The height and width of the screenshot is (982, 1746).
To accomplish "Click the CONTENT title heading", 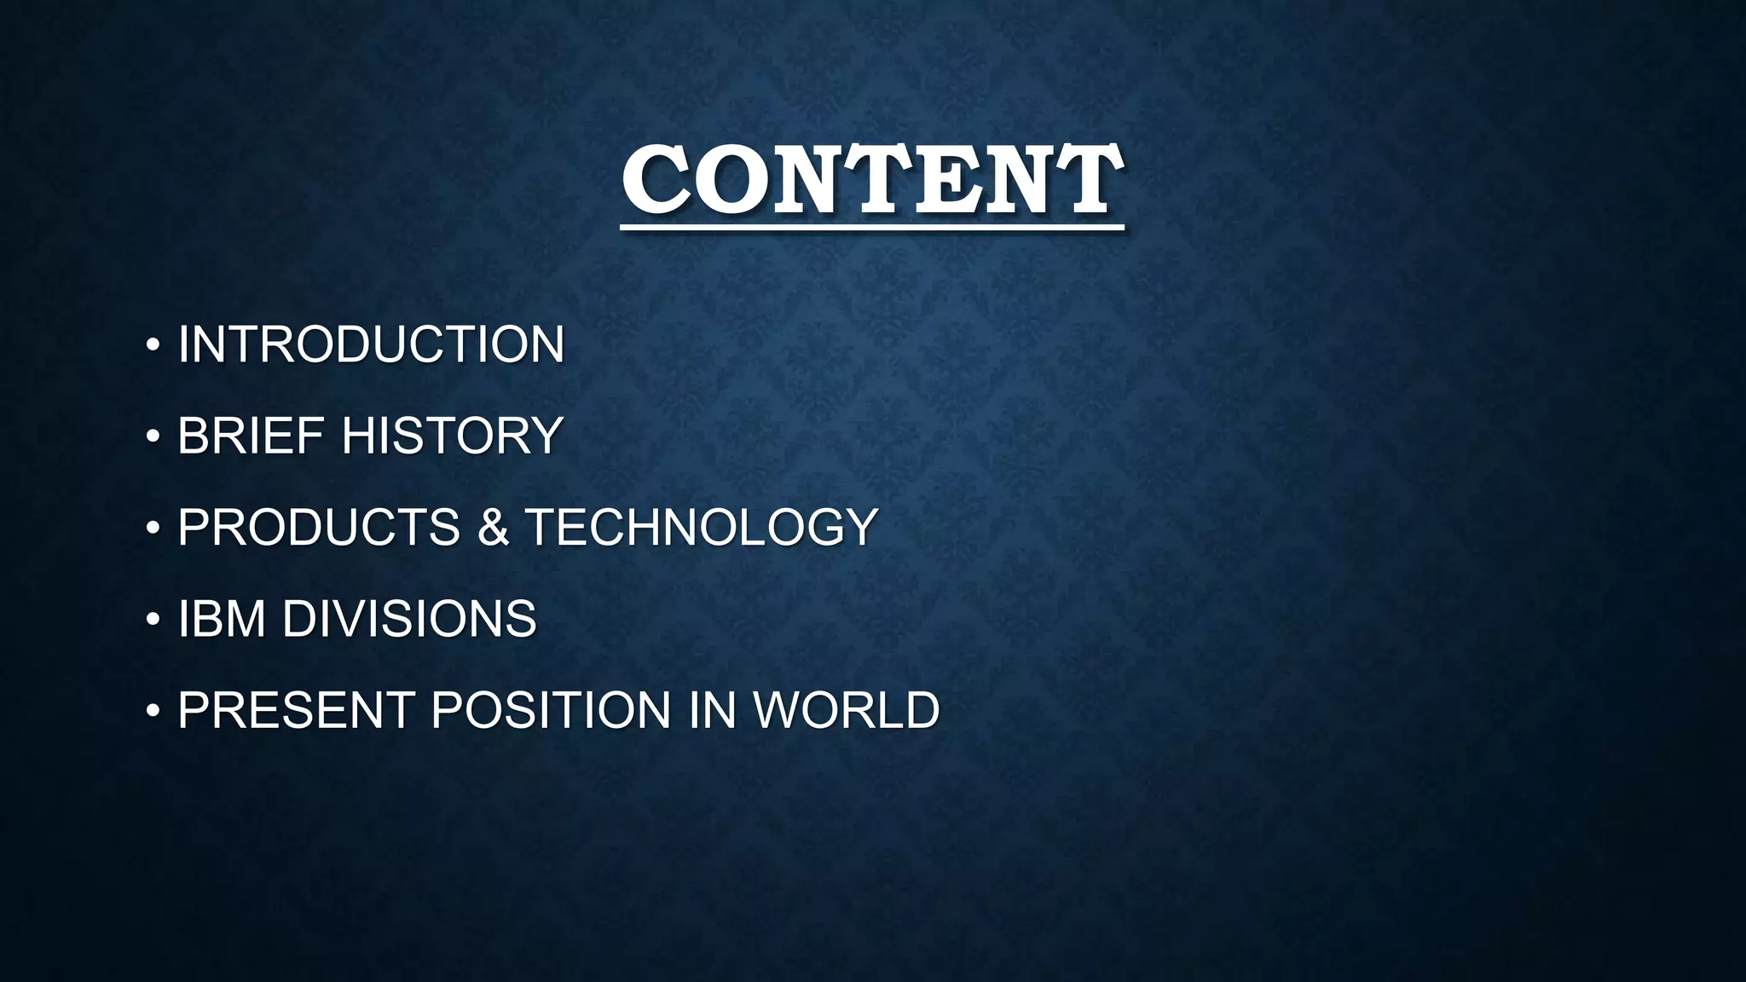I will click(871, 180).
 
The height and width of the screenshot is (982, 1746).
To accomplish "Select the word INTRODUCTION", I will click(371, 344).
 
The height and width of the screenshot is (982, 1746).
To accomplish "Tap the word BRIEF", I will click(251, 436).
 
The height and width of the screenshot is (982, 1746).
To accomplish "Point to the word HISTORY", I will click(452, 436).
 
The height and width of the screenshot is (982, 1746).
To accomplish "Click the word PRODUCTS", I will click(319, 527).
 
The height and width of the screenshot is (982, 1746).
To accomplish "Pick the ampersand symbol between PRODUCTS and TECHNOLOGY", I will click(493, 527).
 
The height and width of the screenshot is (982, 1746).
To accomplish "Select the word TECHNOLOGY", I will click(701, 527).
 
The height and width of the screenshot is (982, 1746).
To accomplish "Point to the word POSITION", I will click(551, 710).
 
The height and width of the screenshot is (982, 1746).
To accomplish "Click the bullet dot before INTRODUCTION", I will click(153, 345).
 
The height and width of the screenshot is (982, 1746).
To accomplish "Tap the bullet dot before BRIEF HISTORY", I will click(153, 436).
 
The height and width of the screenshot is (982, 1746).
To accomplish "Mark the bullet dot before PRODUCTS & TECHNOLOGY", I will click(153, 528).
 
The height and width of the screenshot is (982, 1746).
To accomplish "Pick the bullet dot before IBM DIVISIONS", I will click(153, 619).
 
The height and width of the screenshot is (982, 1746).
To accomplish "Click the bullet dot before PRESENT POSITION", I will click(153, 711).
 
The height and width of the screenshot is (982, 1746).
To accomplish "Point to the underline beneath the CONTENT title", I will click(871, 228).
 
